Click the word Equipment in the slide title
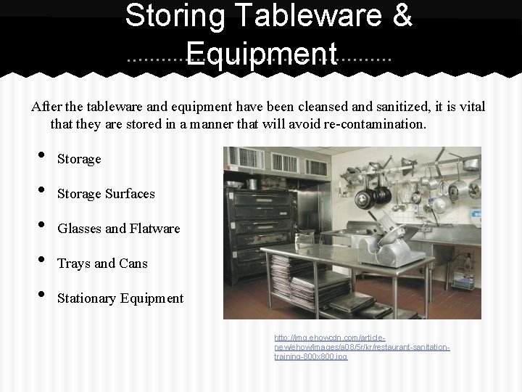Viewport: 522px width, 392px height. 261,53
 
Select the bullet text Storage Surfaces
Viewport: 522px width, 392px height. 106,194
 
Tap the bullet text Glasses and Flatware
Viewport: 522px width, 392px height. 118,229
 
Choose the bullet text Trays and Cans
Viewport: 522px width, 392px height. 102,264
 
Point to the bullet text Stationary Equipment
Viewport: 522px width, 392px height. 120,298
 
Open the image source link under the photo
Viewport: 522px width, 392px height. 362,347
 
